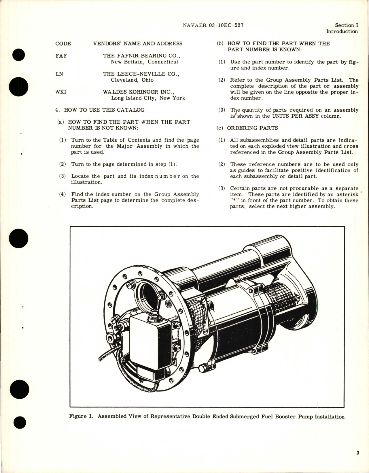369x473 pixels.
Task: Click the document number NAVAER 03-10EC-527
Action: point(213,25)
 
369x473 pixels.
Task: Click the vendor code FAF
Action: point(61,56)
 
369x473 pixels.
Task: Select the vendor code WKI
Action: point(60,92)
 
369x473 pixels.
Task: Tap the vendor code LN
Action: point(59,74)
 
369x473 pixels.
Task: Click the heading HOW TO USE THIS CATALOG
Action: point(104,110)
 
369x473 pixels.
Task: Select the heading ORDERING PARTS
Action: point(252,128)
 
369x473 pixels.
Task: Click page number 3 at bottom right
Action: point(357,453)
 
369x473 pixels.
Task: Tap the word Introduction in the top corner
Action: point(342,32)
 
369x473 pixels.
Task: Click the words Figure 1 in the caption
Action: point(82,416)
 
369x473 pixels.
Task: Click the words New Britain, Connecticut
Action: point(145,62)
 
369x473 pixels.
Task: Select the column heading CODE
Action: point(63,44)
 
